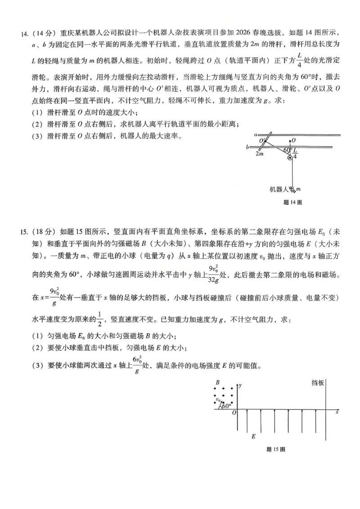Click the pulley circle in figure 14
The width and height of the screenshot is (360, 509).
pos(290,158)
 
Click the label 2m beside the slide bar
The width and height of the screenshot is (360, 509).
pos(259,153)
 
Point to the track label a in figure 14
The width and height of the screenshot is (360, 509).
pos(255,134)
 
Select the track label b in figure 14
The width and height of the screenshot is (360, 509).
pos(247,147)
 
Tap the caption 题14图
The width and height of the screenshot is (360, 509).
pos(292,202)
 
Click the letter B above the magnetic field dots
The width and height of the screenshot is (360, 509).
pos(217,383)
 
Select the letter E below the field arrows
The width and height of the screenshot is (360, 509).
pos(253,436)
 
